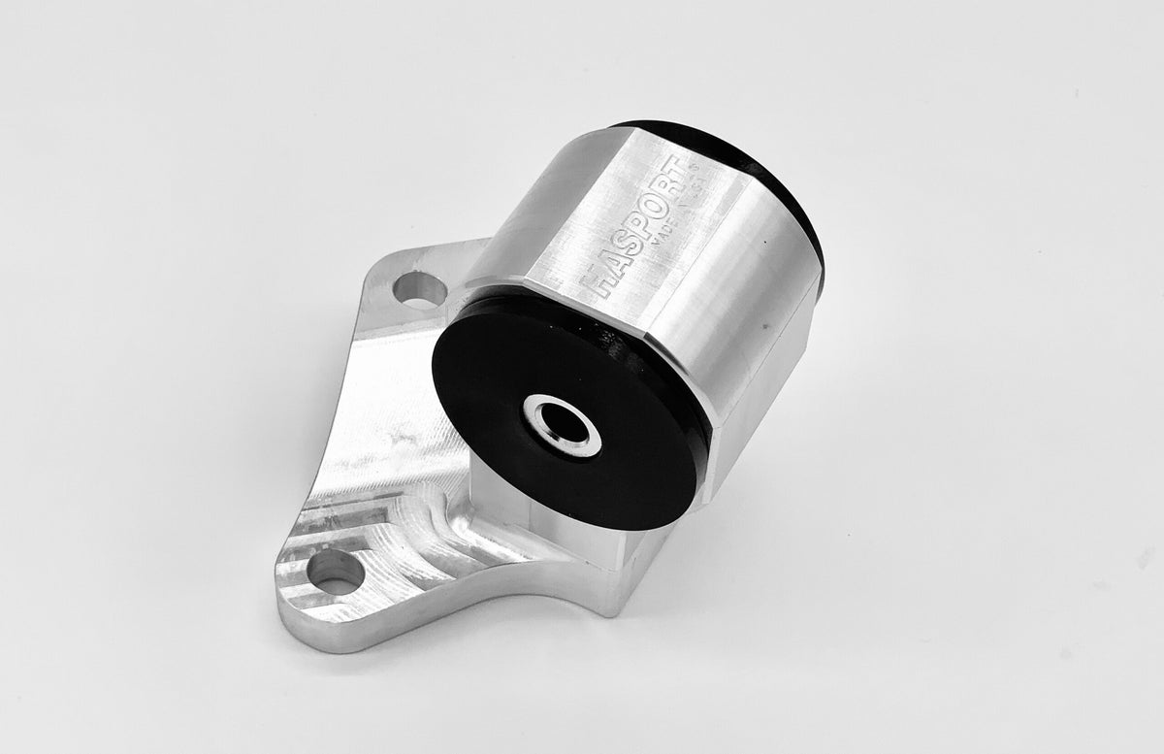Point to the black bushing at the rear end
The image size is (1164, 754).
click(776, 184)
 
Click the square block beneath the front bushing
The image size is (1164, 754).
click(572, 553)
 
